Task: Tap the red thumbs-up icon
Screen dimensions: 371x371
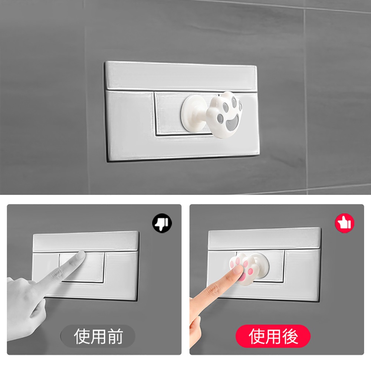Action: tap(345, 223)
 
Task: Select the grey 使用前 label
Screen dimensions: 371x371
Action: tap(98, 336)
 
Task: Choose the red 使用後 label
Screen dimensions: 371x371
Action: tap(273, 336)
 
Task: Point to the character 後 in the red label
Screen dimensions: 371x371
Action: tap(290, 336)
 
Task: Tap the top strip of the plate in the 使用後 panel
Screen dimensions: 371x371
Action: tap(264, 239)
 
